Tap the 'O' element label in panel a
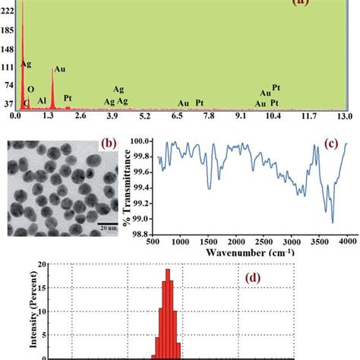33,89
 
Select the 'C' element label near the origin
26,102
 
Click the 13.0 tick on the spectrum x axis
345,115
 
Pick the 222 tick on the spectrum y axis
8,6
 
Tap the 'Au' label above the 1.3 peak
59,68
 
